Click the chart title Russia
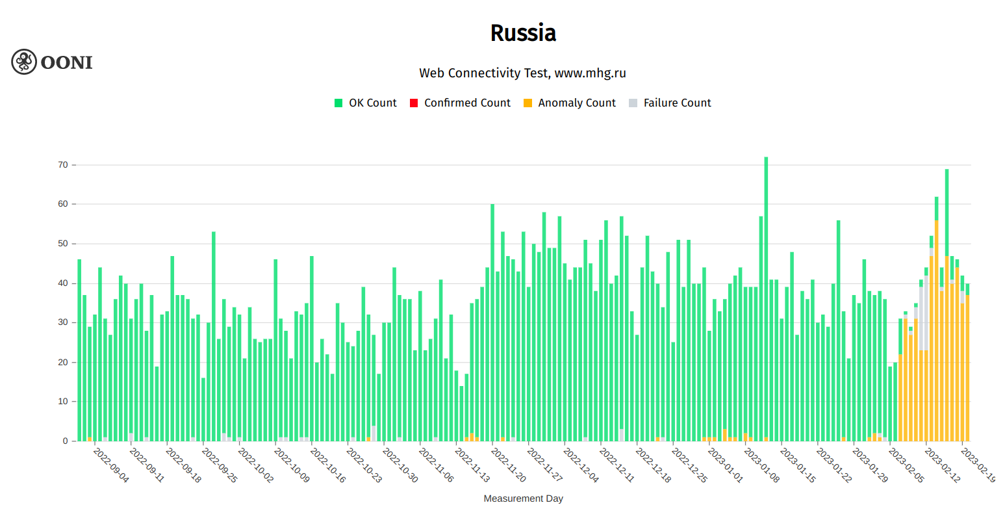coord(523,33)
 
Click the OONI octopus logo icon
coord(24,62)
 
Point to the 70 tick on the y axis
coord(63,165)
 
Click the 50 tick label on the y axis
coord(63,244)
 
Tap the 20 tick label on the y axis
coord(63,362)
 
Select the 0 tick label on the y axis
coord(65,441)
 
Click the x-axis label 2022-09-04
coord(111,465)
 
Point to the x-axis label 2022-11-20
coord(508,465)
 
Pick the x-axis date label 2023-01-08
coord(761,465)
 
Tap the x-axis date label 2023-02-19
coord(978,465)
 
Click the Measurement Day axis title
coord(523,498)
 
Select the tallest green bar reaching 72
coord(766,299)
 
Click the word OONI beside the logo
coord(66,62)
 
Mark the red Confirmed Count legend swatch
coord(414,103)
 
